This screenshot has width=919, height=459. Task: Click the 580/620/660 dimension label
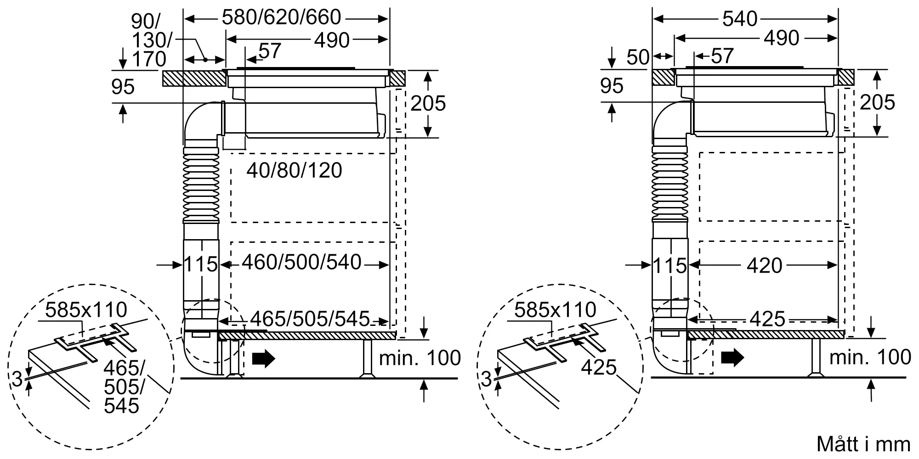281,17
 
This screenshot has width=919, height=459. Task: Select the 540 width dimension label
740,19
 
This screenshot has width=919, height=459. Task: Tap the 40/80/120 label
294,171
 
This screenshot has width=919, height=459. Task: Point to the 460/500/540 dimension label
301,263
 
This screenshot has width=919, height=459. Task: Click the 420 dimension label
765,265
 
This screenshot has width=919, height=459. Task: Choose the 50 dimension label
638,57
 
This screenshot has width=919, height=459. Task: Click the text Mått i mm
863,444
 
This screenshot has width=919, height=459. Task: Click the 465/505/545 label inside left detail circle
123,387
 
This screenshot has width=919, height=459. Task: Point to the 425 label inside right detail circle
598,367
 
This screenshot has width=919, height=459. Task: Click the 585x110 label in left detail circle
86,310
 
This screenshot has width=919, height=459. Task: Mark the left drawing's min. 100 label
420,358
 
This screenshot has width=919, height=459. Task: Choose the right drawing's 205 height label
877,102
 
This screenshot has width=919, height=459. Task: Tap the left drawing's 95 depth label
123,87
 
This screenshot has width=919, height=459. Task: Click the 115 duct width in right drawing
669,266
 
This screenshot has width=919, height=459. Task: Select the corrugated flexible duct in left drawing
201,185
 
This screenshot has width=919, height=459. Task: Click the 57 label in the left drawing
270,51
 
